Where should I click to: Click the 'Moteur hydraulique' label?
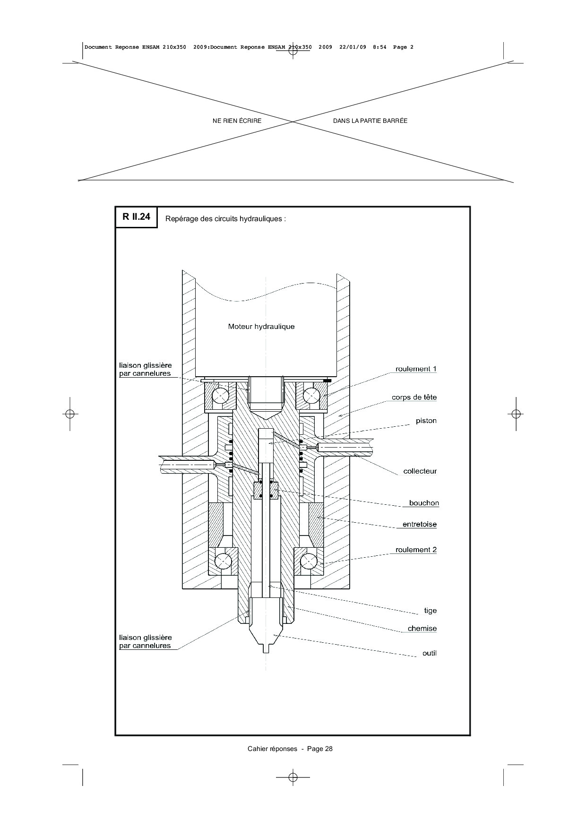(x=261, y=327)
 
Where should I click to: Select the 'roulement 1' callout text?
(x=416, y=369)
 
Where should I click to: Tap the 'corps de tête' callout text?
(x=414, y=397)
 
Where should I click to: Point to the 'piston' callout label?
(x=426, y=421)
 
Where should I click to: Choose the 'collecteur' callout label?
(x=420, y=471)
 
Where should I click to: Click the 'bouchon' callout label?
(x=424, y=503)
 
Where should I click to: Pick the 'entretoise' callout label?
(x=420, y=524)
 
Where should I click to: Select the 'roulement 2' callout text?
(x=416, y=550)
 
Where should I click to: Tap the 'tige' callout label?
(x=430, y=611)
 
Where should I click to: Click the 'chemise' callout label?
(x=422, y=629)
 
